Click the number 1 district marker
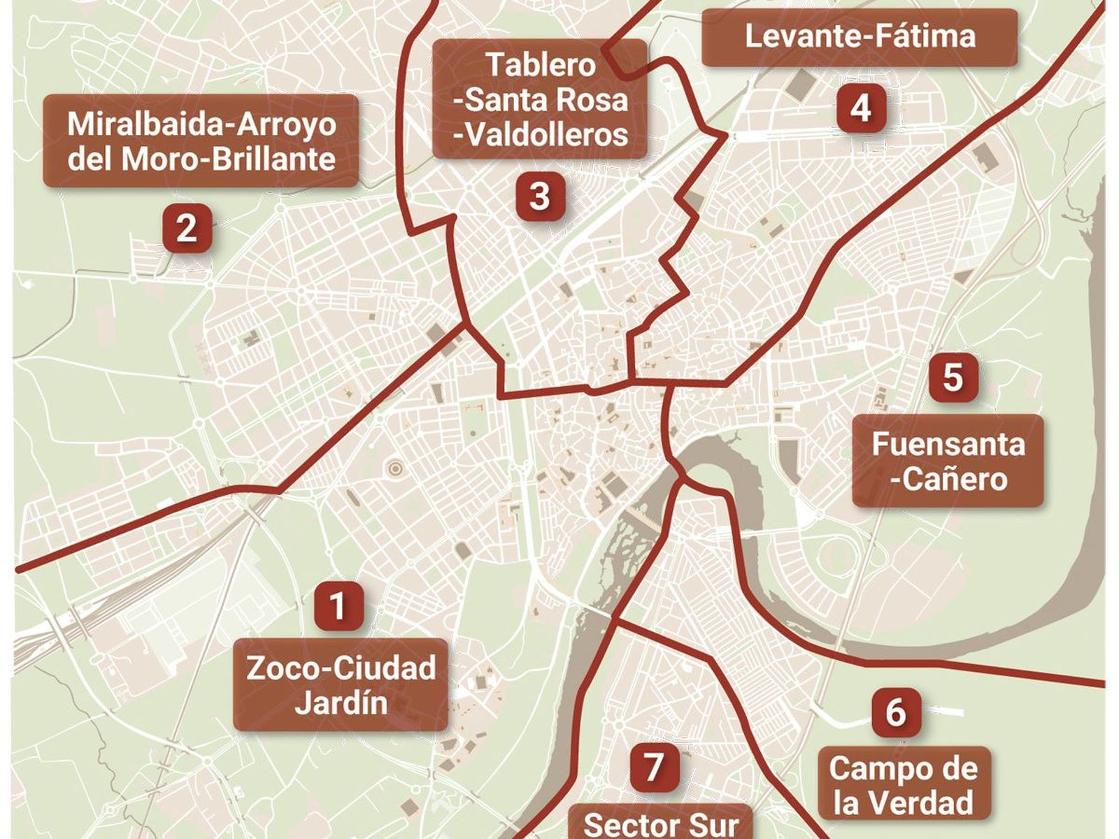[x=338, y=605]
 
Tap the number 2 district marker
[x=187, y=228]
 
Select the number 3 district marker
[x=540, y=196]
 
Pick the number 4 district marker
[x=861, y=108]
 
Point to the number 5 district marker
[x=953, y=377]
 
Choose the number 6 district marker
[x=896, y=712]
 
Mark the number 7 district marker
[x=653, y=767]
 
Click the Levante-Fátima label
[x=860, y=37]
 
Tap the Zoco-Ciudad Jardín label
[x=341, y=684]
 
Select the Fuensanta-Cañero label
[x=948, y=461]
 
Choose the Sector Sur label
[x=660, y=824]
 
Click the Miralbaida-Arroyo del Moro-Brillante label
[x=201, y=141]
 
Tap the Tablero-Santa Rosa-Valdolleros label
[x=540, y=99]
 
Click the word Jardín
[x=341, y=703]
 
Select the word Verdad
[x=903, y=802]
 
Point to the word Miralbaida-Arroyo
[x=201, y=124]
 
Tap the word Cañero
[x=953, y=479]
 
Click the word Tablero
[x=541, y=65]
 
